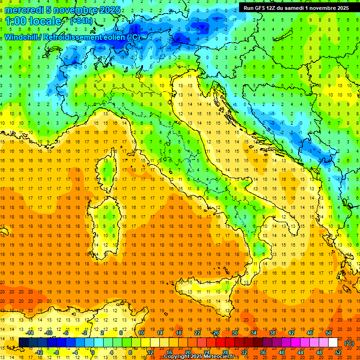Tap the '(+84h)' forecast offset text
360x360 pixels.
(81, 21)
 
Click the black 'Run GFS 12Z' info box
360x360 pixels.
(296, 8)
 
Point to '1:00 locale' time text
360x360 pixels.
(34, 21)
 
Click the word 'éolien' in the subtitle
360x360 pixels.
(113, 37)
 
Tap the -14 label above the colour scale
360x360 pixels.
(30, 333)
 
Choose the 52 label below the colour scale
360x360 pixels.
(337, 352)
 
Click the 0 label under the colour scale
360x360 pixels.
(93, 352)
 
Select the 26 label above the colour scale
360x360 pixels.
(216, 333)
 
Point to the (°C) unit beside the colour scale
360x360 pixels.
(349, 343)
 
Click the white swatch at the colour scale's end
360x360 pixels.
(333, 343)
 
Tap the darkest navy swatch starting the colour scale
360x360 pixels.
(23, 343)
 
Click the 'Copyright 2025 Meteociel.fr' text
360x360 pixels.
(202, 357)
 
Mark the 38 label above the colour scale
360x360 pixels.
(272, 333)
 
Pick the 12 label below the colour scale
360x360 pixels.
(150, 352)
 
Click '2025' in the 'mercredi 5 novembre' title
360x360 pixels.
(110, 10)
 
